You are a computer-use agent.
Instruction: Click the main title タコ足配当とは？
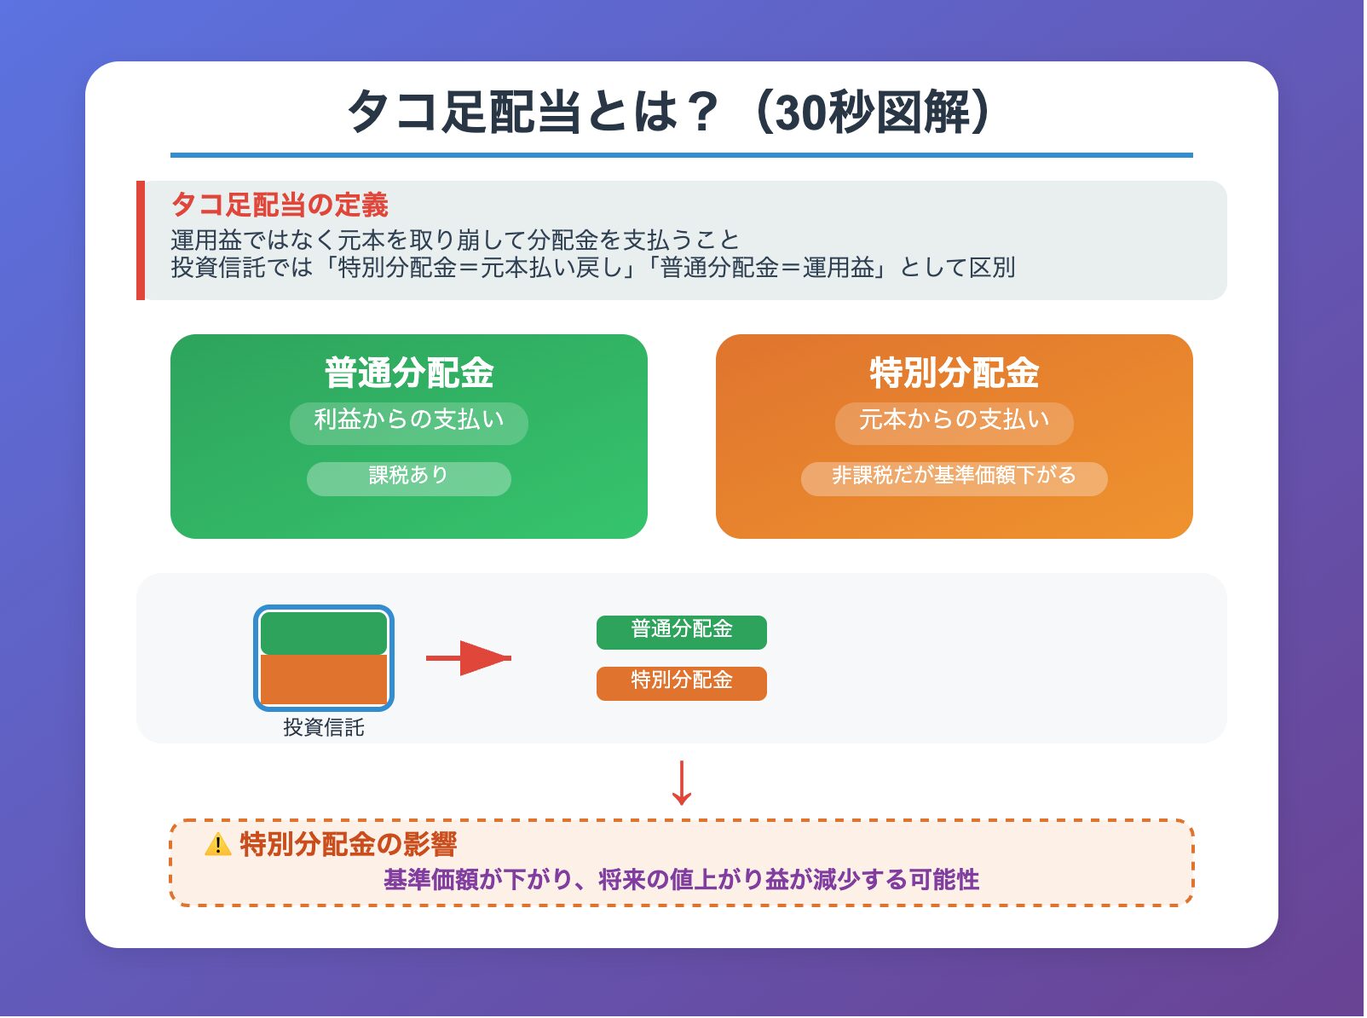click(670, 112)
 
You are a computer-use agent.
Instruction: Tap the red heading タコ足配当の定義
click(280, 205)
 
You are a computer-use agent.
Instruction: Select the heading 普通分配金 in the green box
click(409, 373)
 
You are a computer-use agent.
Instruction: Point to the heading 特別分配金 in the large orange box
click(954, 373)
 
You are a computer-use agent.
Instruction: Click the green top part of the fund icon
click(324, 633)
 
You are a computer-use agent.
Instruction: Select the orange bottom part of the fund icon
click(324, 680)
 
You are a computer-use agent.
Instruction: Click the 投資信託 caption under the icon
click(324, 727)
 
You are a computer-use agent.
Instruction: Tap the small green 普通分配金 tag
click(682, 632)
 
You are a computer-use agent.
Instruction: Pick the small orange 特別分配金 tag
click(682, 683)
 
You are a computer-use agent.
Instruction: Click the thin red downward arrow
click(681, 783)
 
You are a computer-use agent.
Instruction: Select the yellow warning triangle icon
click(218, 845)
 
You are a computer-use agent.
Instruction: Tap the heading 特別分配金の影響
click(348, 844)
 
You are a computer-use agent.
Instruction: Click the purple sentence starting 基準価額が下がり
click(681, 880)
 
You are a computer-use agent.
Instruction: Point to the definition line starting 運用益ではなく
click(455, 240)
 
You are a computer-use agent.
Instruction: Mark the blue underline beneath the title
click(681, 155)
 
